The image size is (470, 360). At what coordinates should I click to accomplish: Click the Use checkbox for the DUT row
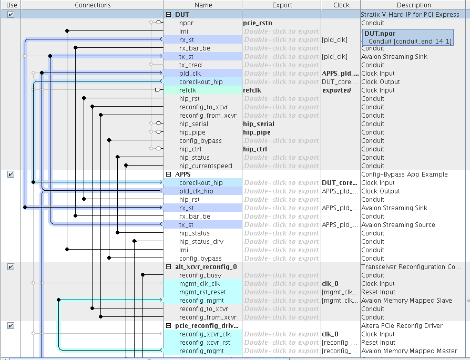11,15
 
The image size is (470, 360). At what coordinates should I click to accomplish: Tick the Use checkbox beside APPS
11,174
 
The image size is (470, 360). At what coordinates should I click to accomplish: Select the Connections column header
93,5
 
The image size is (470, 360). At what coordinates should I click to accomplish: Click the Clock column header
341,5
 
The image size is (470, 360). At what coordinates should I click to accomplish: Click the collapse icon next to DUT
169,15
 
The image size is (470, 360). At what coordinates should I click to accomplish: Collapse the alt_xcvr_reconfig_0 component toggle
169,267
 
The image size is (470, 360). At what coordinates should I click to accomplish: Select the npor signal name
186,23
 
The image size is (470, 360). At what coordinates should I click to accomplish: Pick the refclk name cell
188,90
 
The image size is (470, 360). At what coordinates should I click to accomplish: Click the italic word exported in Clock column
336,90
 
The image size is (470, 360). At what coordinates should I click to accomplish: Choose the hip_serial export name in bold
258,124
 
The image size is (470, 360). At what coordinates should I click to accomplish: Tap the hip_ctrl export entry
254,149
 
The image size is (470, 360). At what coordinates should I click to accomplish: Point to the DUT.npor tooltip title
380,34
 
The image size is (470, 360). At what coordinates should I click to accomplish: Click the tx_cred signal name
190,65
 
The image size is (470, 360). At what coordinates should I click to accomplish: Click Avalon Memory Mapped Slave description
406,301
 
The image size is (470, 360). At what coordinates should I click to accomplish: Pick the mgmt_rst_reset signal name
202,292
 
